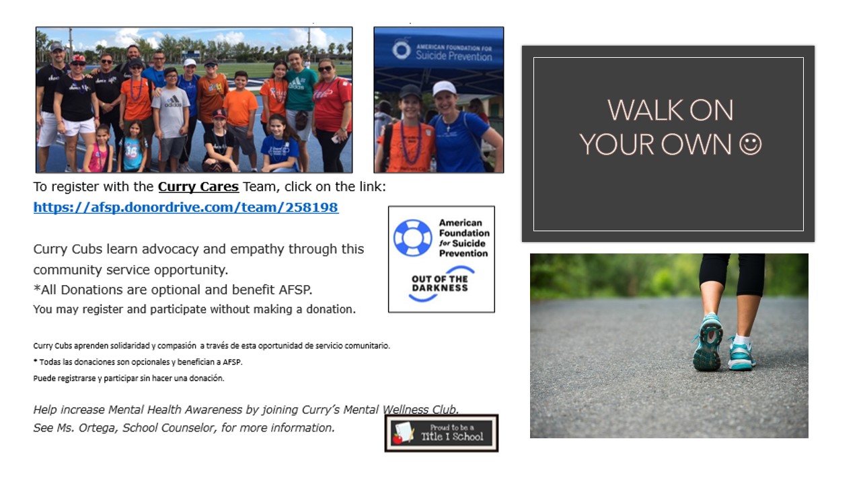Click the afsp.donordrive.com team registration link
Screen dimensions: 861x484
(186, 207)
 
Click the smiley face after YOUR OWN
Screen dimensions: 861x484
(750, 144)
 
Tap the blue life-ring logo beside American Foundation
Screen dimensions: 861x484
(412, 238)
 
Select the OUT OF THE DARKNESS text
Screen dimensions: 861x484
(440, 284)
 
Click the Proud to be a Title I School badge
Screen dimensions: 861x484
(441, 433)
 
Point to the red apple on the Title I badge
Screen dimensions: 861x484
(398, 438)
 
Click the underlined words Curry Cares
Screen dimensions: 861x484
(198, 187)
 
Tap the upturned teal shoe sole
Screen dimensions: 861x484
(708, 343)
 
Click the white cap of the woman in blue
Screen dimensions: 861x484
(444, 88)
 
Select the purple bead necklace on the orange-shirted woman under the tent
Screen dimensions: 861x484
(410, 142)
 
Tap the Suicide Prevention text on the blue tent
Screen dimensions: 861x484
(454, 56)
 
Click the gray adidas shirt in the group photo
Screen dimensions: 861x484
(171, 112)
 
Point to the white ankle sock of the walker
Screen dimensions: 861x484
(742, 340)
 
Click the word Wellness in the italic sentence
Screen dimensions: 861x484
(406, 409)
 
